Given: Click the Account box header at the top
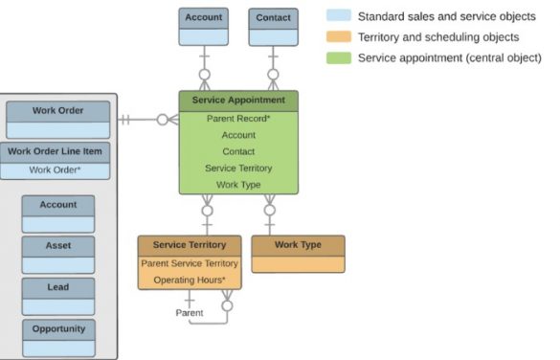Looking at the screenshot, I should pos(203,17).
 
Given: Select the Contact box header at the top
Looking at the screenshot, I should pos(273,17).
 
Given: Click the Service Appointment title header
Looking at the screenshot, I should pos(238,100).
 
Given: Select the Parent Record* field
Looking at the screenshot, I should pos(238,119).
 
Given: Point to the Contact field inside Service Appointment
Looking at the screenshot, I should pos(238,151).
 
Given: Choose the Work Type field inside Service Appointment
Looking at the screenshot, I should pos(238,184).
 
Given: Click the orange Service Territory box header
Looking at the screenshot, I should pos(189,245).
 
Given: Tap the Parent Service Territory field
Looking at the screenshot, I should pos(189,262).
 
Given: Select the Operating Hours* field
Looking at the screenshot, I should pos(189,280).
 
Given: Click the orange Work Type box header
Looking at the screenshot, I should pos(298,245).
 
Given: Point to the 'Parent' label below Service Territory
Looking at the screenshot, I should pos(190,313).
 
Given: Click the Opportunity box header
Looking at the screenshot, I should pos(58,328).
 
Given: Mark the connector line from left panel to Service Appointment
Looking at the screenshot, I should pos(144,120).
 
